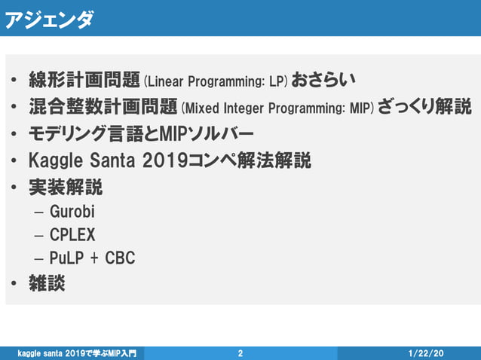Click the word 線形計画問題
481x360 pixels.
(x=84, y=79)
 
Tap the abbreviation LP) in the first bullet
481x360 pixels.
(x=277, y=80)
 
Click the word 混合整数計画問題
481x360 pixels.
(x=103, y=106)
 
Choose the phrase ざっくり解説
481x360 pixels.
(x=424, y=106)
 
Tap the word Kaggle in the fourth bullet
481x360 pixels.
(x=57, y=160)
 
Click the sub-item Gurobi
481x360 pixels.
(x=72, y=211)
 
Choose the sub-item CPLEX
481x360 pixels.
(x=72, y=234)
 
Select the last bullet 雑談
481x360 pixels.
(x=47, y=283)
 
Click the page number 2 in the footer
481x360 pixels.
(x=240, y=352)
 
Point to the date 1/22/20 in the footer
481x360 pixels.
(x=426, y=352)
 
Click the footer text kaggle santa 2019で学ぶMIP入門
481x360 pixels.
(x=78, y=352)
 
